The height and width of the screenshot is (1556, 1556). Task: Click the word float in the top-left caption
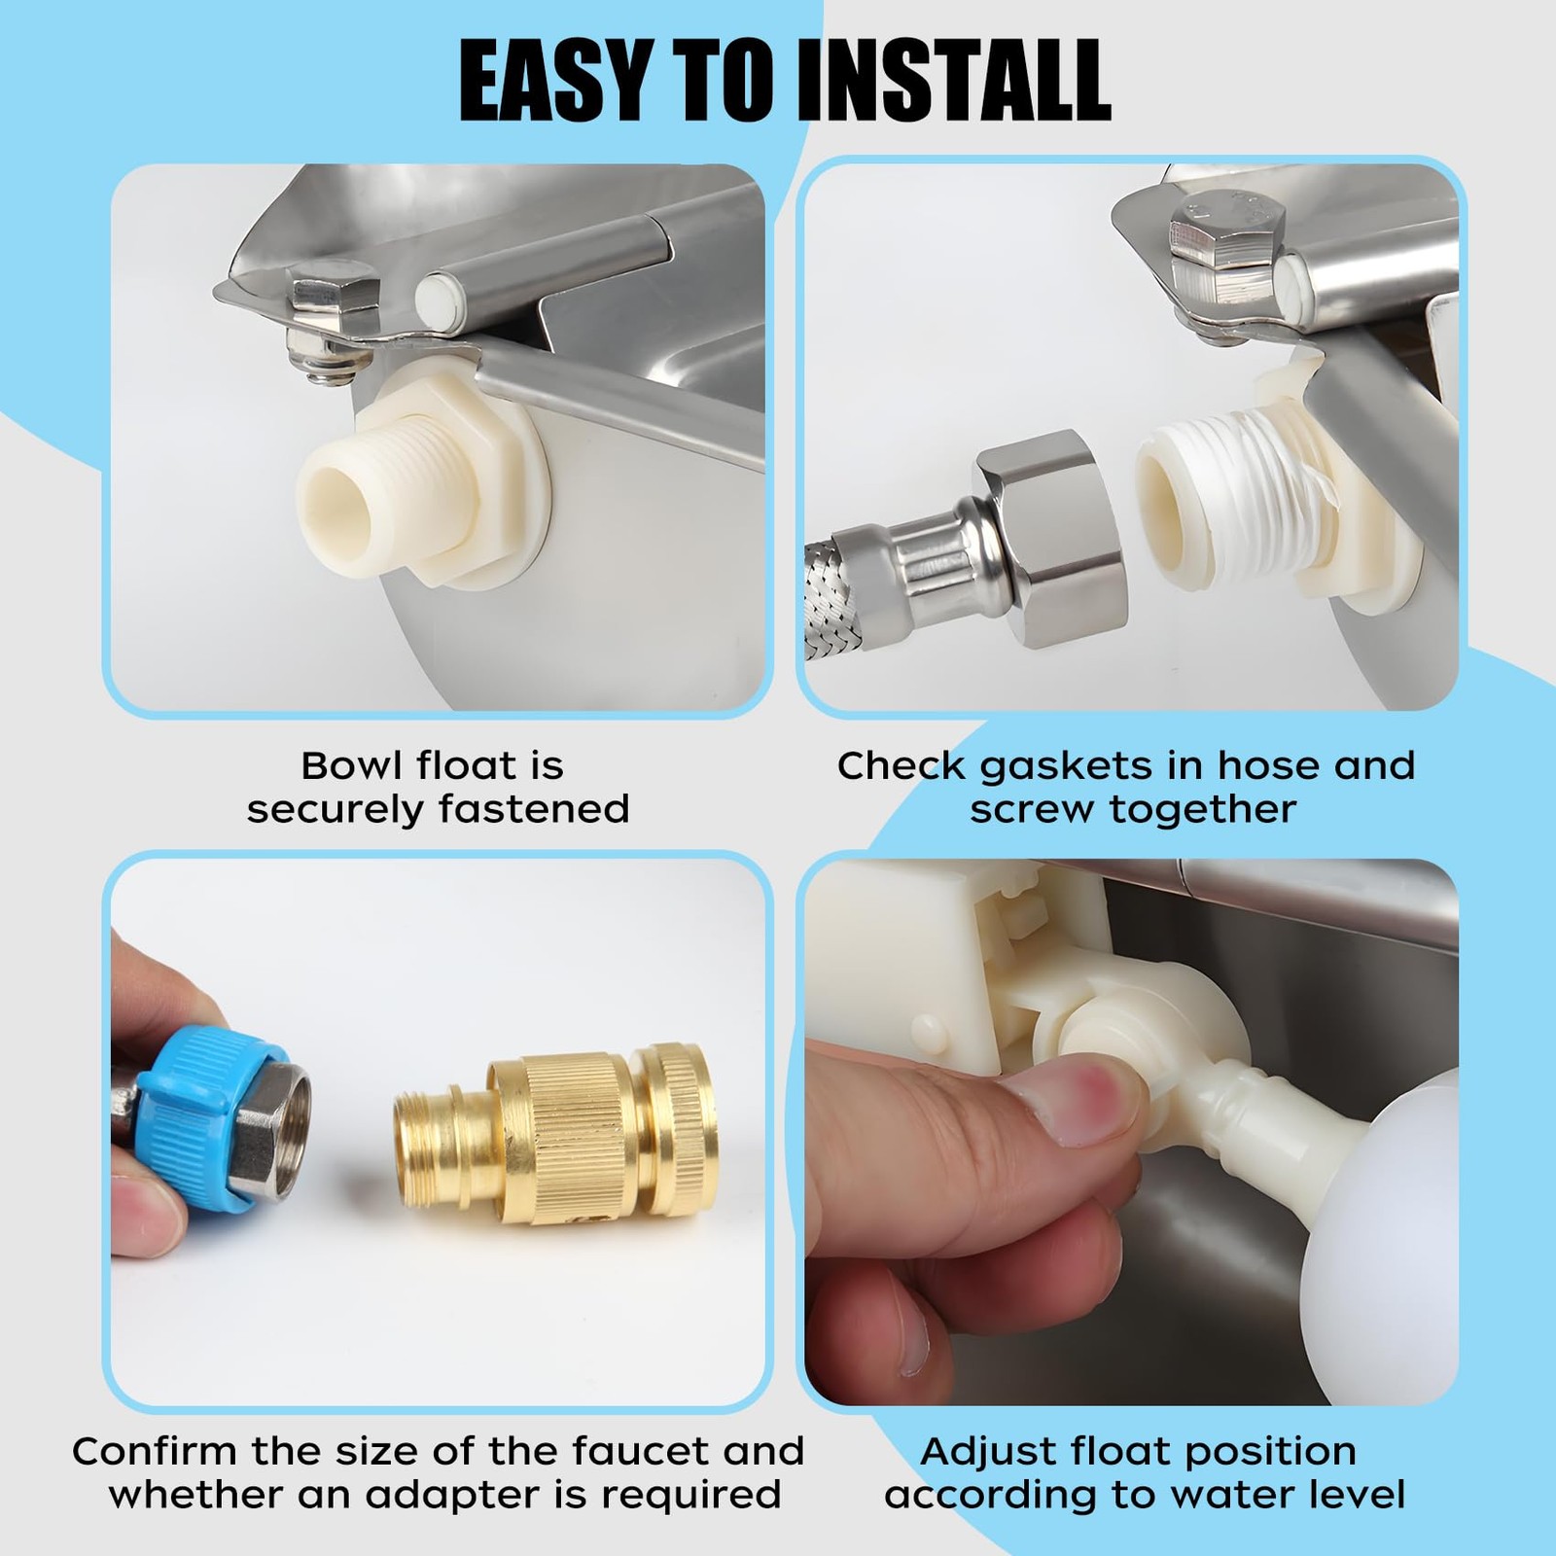[x=489, y=765]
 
